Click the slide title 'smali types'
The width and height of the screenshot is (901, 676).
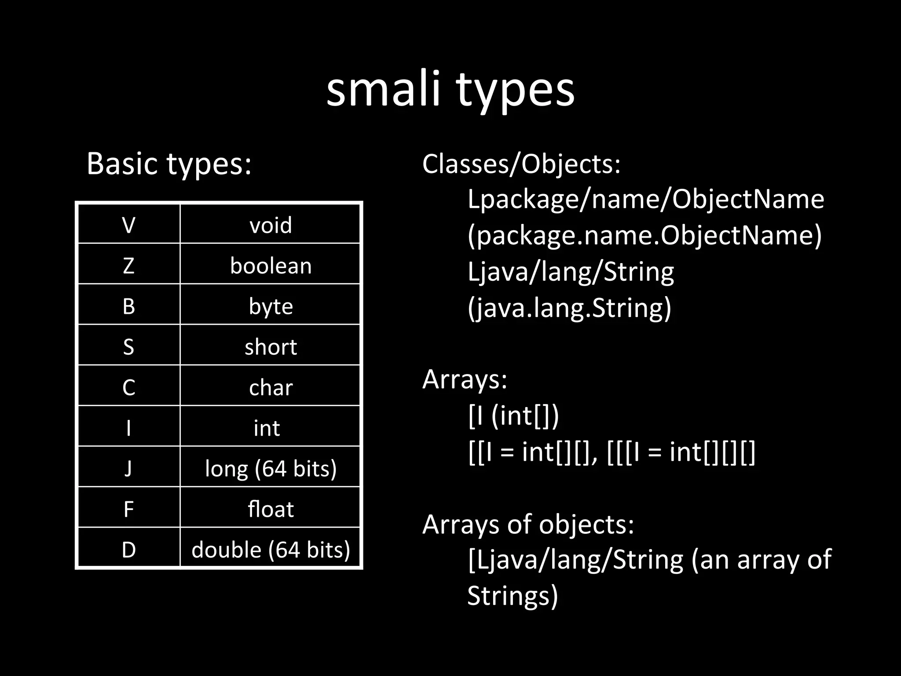coord(450,90)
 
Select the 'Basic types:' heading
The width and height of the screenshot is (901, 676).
coord(169,164)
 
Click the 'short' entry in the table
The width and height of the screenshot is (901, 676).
coord(271,347)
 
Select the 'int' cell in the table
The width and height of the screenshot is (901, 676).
coord(267,428)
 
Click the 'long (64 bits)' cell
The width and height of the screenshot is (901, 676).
coord(271,468)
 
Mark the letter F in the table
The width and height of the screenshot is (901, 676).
coord(128,509)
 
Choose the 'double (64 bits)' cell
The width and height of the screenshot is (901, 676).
coord(271,550)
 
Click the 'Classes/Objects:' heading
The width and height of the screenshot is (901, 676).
coord(521,164)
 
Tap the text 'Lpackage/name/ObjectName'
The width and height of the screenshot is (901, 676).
coord(645,199)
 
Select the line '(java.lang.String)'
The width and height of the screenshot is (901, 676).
coord(569,308)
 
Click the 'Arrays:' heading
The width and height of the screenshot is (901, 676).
coord(465,379)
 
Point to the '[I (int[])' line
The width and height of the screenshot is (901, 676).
coord(513,415)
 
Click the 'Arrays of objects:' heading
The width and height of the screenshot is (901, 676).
coord(528,524)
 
